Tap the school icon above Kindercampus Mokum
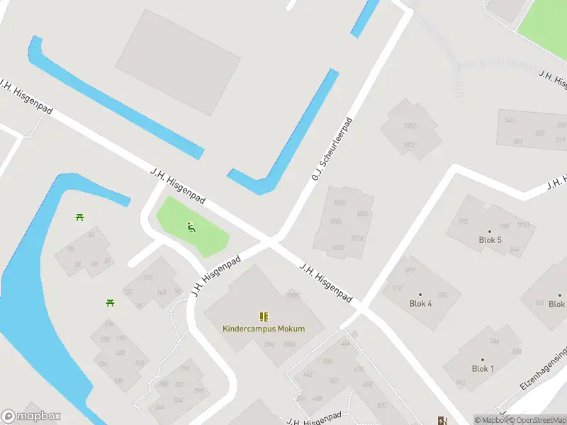pos(264,317)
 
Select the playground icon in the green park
pos(190,227)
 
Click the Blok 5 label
pos(490,240)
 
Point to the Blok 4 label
pos(420,304)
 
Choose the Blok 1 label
pos(483,369)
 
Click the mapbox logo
pos(31,416)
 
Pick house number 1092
pos(409,127)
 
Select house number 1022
pos(409,144)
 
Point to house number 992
pos(464,221)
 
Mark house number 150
pos(147,278)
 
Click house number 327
pos(540,133)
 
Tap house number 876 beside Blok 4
pos(443,295)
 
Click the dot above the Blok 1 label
pos(483,360)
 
